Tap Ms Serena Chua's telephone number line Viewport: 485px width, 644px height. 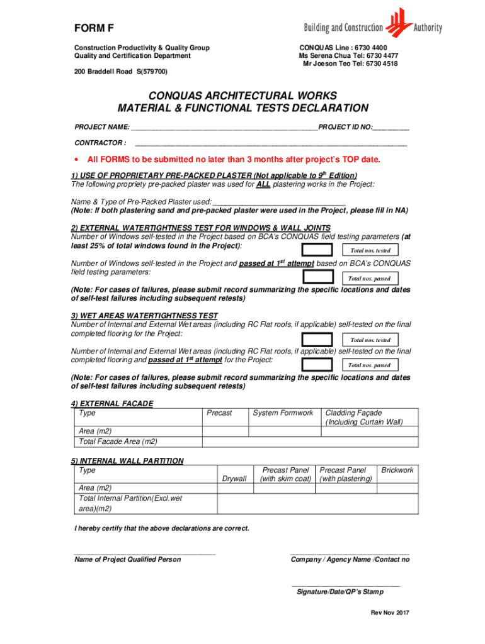coord(348,55)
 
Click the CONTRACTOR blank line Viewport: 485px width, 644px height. coord(271,143)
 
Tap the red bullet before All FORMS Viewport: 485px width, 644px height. coord(76,160)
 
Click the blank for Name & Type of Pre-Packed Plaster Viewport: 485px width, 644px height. coord(279,202)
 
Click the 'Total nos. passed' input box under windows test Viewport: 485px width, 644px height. coord(317,277)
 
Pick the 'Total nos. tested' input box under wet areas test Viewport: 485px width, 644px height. coord(317,340)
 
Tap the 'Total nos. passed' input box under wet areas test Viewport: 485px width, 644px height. coord(317,365)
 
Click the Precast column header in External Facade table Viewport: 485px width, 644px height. coord(219,413)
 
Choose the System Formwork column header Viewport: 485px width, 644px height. coord(283,413)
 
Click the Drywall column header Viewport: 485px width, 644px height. coord(234,479)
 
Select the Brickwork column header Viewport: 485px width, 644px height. coord(397,470)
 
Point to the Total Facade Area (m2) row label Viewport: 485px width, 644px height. coord(118,441)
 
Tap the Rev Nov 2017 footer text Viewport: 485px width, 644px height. coord(390,613)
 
